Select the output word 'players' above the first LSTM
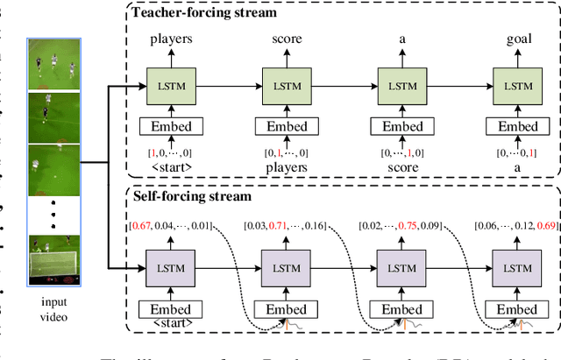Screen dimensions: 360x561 tap(171, 39)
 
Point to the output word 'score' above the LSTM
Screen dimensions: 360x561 tap(287, 39)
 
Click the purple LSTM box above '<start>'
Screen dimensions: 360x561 tap(171, 265)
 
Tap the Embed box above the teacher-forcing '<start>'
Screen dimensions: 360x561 tap(171, 126)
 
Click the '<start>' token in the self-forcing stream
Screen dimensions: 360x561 tap(171, 323)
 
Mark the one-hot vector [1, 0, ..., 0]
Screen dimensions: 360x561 tap(171, 153)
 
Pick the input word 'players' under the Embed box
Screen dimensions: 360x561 tap(287, 166)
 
